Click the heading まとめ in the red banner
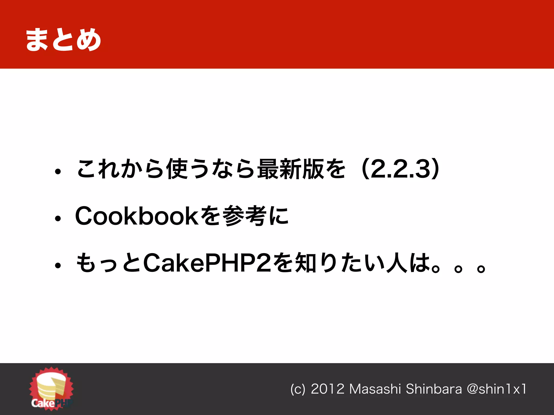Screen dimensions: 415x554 (x=63, y=40)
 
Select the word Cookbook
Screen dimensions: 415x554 (x=137, y=216)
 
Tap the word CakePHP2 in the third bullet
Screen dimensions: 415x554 (x=207, y=263)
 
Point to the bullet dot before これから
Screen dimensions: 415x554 (x=58, y=172)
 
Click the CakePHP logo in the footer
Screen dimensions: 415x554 (x=51, y=389)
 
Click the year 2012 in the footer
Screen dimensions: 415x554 (x=327, y=389)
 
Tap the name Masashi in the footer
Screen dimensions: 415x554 (x=375, y=389)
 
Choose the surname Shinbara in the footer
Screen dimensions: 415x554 (x=434, y=389)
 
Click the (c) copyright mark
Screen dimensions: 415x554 (x=298, y=389)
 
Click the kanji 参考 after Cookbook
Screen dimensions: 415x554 (x=245, y=216)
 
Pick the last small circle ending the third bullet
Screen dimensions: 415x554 (x=481, y=268)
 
